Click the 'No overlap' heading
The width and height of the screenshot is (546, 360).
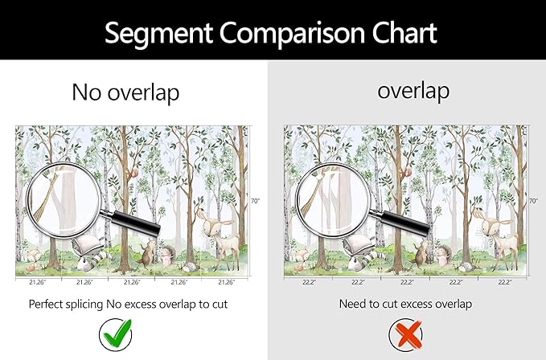point(125,92)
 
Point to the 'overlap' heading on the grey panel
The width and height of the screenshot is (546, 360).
point(413,90)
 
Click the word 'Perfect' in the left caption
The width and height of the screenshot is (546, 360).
point(51,305)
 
